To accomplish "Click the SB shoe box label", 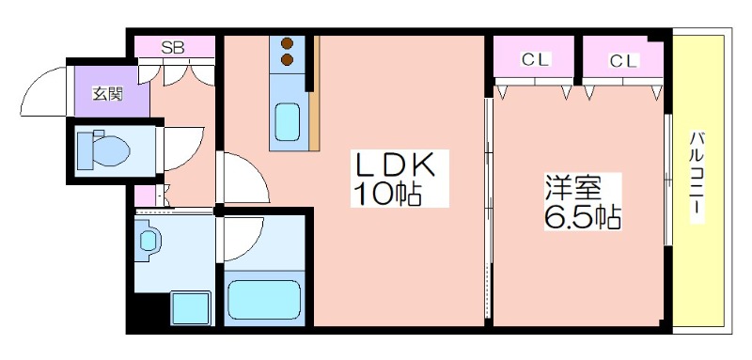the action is pyautogui.click(x=173, y=48).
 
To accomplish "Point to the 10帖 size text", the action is pyautogui.click(x=387, y=194).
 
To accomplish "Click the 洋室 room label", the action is pyautogui.click(x=572, y=189).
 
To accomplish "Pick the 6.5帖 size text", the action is pyautogui.click(x=582, y=217).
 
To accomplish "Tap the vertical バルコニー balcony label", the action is pyautogui.click(x=697, y=177).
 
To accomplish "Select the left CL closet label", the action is pyautogui.click(x=536, y=60).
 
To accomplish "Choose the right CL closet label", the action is pyautogui.click(x=624, y=61).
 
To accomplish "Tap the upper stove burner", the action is pyautogui.click(x=287, y=44).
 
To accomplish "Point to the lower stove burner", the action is pyautogui.click(x=287, y=60).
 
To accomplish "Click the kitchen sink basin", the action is pyautogui.click(x=288, y=123).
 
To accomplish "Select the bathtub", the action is pyautogui.click(x=264, y=300).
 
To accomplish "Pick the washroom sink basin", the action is pyautogui.click(x=149, y=241).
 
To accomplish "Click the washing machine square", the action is pyautogui.click(x=191, y=308).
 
